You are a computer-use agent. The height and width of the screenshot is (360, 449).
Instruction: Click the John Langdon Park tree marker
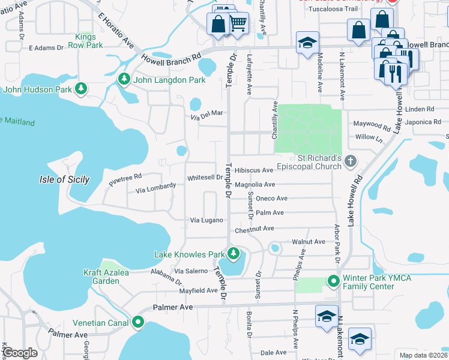[124, 79]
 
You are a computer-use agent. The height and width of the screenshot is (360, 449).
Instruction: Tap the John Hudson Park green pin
[81, 90]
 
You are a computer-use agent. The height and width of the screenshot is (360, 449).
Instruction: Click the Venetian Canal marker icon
[138, 323]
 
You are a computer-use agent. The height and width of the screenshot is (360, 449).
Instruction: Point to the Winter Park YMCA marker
[334, 281]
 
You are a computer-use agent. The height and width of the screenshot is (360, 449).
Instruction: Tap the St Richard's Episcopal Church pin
[351, 161]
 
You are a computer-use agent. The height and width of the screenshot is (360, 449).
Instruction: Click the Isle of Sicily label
[64, 179]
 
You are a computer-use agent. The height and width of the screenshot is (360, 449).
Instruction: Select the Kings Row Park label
[86, 41]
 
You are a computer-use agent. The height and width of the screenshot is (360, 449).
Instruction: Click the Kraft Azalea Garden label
[101, 276]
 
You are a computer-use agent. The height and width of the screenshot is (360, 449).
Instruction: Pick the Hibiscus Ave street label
[254, 170]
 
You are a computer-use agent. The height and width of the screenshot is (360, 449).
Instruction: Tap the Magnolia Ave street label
[255, 185]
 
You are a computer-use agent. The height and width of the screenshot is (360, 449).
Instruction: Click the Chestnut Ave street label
[255, 229]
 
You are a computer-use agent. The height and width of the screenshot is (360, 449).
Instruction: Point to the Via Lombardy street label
[156, 188]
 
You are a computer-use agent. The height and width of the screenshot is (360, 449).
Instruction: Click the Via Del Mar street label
[207, 114]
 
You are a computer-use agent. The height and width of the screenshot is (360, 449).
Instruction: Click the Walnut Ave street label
[308, 242]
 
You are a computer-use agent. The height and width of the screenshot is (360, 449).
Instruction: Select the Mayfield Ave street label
[199, 290]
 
